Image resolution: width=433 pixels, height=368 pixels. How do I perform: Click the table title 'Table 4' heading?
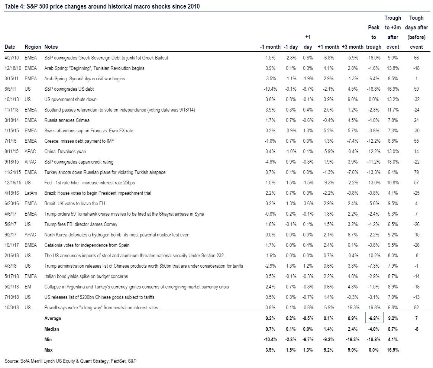(102, 6)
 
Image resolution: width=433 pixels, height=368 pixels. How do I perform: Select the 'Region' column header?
(33, 47)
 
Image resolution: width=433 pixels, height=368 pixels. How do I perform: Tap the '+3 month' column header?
(352, 47)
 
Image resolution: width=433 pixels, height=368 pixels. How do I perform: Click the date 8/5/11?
(10, 89)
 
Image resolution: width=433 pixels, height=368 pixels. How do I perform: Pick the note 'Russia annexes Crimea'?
(67, 120)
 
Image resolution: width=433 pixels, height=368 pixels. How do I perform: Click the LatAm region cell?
(30, 193)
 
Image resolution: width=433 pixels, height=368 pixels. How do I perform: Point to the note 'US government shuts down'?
(70, 100)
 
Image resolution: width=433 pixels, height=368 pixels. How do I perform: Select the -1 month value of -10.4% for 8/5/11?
(270, 89)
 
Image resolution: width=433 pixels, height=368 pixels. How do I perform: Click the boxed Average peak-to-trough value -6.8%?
(374, 318)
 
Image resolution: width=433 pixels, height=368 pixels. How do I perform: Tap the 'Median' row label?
(52, 329)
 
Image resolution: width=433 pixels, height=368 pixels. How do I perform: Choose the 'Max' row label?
(48, 350)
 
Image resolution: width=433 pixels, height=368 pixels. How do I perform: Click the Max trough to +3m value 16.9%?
(393, 350)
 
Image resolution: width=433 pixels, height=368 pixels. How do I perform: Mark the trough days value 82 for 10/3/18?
(416, 307)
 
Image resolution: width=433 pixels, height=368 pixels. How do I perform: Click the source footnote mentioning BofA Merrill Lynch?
(70, 361)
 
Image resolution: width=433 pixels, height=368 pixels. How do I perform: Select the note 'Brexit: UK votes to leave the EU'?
(75, 204)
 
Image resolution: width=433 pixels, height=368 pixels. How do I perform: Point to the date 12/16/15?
(13, 183)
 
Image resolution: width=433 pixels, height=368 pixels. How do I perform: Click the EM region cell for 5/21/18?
(28, 287)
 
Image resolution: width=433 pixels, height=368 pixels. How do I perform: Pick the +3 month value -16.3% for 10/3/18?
(353, 307)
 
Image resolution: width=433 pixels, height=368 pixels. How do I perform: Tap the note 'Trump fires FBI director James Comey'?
(81, 225)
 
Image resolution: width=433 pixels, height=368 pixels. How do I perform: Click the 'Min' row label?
(48, 339)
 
